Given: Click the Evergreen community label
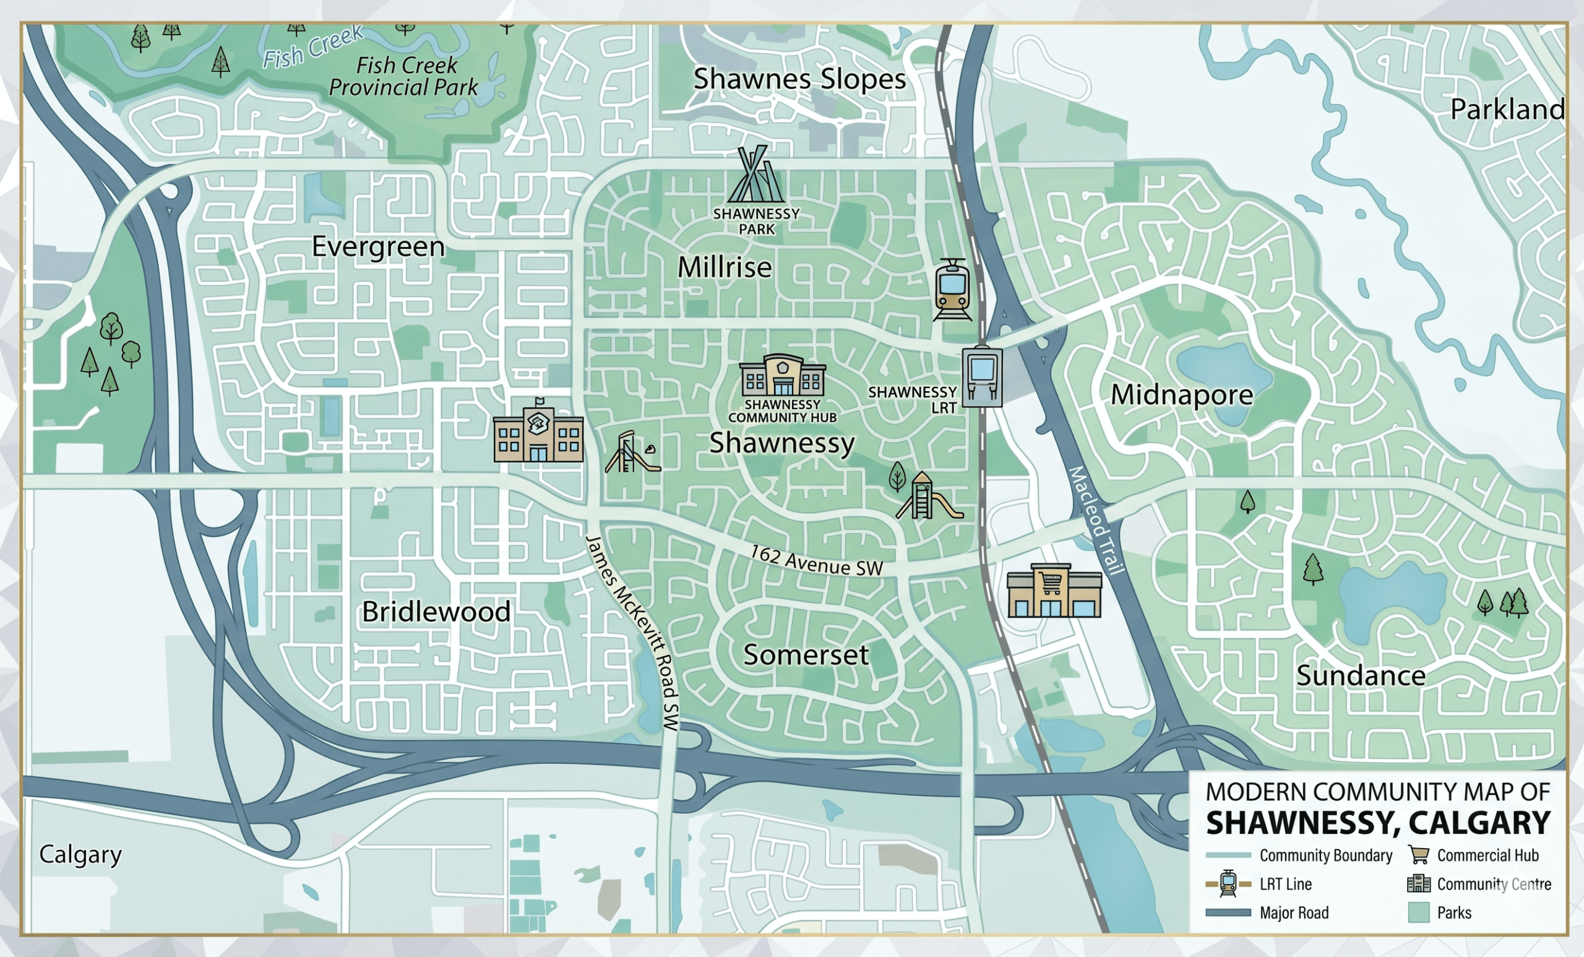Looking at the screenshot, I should pos(378,247).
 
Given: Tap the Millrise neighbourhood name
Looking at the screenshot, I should pos(725,267).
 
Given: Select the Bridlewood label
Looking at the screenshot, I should pos(436,612).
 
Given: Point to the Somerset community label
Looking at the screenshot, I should pos(806,655).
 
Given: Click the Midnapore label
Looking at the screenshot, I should pos(1182,395).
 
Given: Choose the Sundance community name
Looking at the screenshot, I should pos(1360,676).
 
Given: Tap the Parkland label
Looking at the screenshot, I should pos(1507,110).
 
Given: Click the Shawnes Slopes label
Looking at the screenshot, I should pos(799,79).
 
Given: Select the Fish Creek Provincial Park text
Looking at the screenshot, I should pos(403,76).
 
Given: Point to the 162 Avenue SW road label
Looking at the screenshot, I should pos(816,561).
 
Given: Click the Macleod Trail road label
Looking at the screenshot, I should pos(1096,519).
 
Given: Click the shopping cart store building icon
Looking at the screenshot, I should pos(1054,591).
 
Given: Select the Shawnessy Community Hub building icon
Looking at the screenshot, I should pos(782,376).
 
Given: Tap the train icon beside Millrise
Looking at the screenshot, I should pos(952,290).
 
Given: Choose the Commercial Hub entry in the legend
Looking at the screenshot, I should pos(1487,855).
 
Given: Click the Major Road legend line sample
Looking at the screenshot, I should pos(1228,912).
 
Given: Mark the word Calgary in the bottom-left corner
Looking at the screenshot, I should pos(80,854).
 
